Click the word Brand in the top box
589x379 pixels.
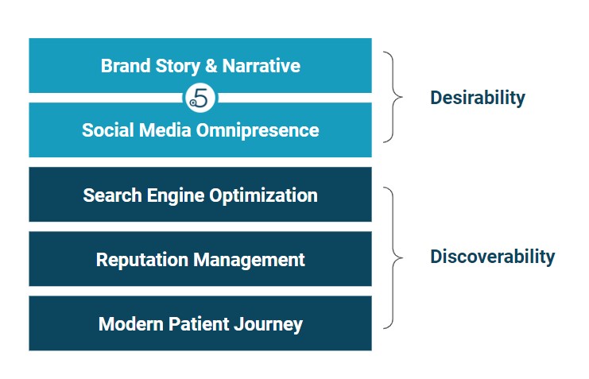126,66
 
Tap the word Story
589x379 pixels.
178,67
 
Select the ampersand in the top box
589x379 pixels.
211,66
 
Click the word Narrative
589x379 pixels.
261,66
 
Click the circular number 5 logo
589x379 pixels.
200,98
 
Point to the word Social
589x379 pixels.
108,130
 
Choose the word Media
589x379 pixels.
165,130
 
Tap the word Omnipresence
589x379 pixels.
258,131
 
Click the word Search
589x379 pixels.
112,195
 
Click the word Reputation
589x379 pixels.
142,261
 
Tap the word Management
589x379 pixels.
249,261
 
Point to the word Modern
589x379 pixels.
130,324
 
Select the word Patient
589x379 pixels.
199,324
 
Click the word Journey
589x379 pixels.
268,325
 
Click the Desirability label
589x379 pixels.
478,98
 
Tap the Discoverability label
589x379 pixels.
493,257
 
